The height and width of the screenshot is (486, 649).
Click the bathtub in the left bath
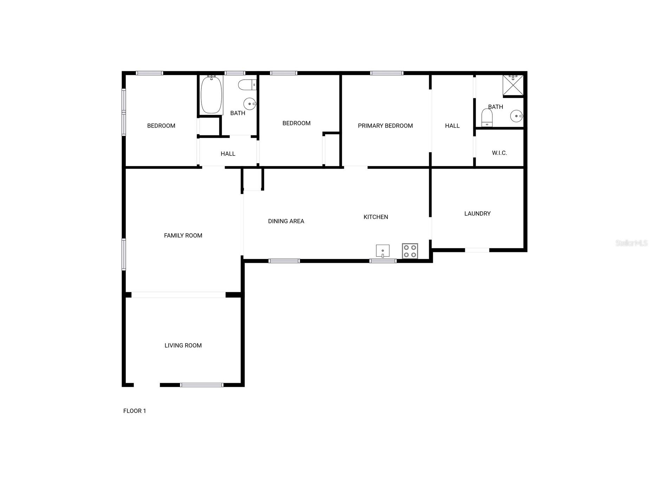click(211, 94)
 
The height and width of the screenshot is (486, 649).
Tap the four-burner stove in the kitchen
click(410, 251)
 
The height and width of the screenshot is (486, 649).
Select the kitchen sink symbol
click(382, 251)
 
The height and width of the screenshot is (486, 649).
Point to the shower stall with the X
click(513, 85)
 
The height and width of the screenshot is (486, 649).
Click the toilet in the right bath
click(487, 118)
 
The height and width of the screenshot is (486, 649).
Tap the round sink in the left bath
click(250, 104)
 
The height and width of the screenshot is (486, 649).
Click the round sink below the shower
click(516, 116)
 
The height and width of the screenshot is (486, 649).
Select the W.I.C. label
click(499, 153)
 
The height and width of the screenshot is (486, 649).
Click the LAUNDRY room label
click(477, 213)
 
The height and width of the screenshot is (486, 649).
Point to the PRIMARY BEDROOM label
click(385, 126)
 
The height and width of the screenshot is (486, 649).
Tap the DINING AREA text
click(286, 221)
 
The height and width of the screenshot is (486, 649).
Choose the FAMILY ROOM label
click(183, 235)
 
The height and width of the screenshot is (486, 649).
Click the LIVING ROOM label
click(183, 345)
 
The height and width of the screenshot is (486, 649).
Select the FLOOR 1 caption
click(135, 411)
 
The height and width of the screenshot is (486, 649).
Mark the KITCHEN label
click(376, 217)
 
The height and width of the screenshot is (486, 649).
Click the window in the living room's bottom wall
click(201, 385)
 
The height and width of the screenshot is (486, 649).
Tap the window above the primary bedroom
click(387, 73)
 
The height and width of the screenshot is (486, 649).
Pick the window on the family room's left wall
click(124, 254)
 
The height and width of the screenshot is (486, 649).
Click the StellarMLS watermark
click(631, 243)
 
